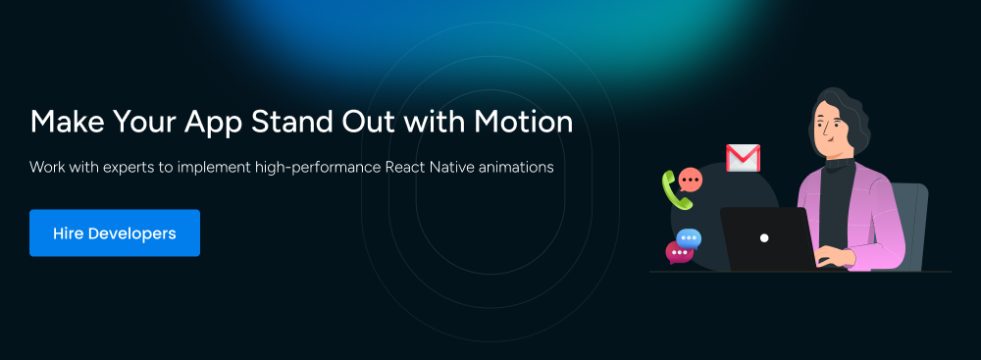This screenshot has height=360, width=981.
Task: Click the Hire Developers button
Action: click(115, 232)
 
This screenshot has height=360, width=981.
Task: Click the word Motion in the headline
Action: click(523, 122)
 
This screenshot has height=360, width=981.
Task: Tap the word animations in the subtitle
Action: click(515, 167)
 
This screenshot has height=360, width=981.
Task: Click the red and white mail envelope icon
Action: click(743, 158)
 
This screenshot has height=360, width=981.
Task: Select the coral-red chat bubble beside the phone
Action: click(690, 180)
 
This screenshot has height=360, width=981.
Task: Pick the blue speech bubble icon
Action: click(689, 239)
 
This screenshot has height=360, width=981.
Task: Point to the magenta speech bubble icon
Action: click(679, 252)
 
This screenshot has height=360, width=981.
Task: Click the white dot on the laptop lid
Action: click(764, 238)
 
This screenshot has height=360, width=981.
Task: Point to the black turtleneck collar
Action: click(840, 164)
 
